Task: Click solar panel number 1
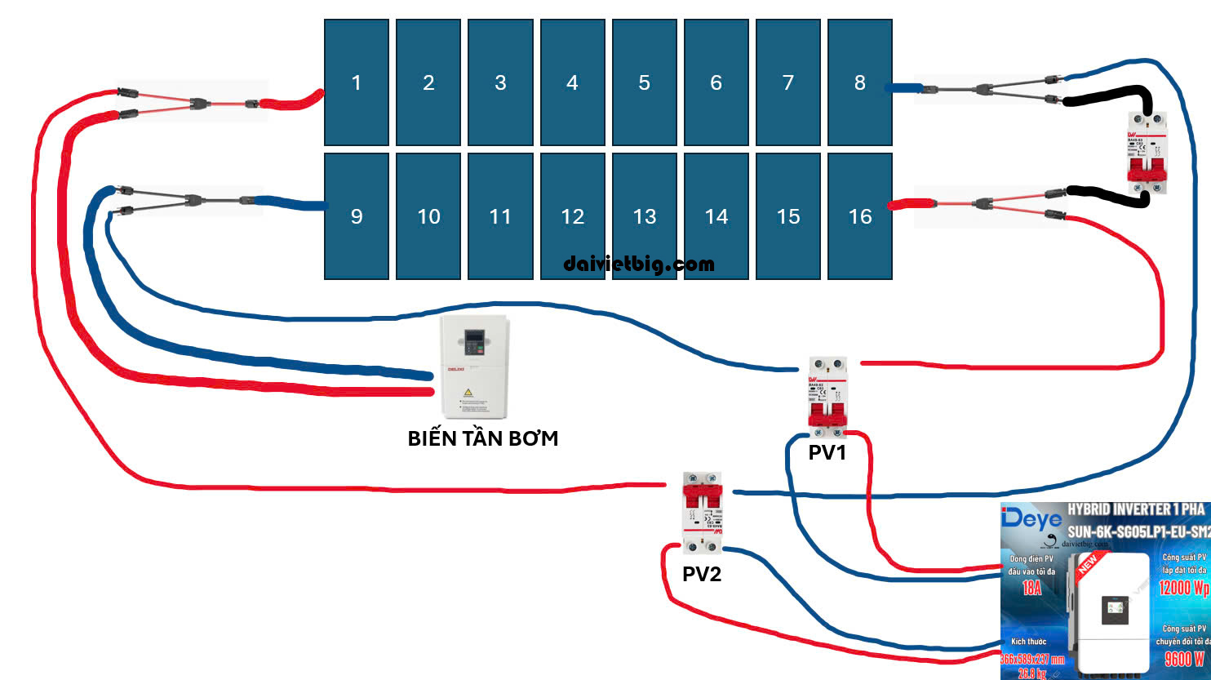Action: [357, 82]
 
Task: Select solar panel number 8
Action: [860, 82]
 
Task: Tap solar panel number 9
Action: [357, 216]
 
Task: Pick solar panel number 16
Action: [860, 216]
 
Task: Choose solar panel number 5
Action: [645, 82]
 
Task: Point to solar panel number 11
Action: [500, 216]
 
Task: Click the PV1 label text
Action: [827, 453]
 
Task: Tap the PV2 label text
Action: [702, 574]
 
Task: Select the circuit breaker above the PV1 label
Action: [827, 393]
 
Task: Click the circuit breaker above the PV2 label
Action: [703, 513]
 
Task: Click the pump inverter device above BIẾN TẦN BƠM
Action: [474, 367]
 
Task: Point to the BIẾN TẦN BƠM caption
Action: [483, 438]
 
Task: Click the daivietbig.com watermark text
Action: [639, 264]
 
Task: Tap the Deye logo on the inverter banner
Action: [1031, 518]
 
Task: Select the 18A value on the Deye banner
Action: [1031, 587]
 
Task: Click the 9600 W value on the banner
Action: [1184, 659]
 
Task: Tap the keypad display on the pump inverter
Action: [474, 342]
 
